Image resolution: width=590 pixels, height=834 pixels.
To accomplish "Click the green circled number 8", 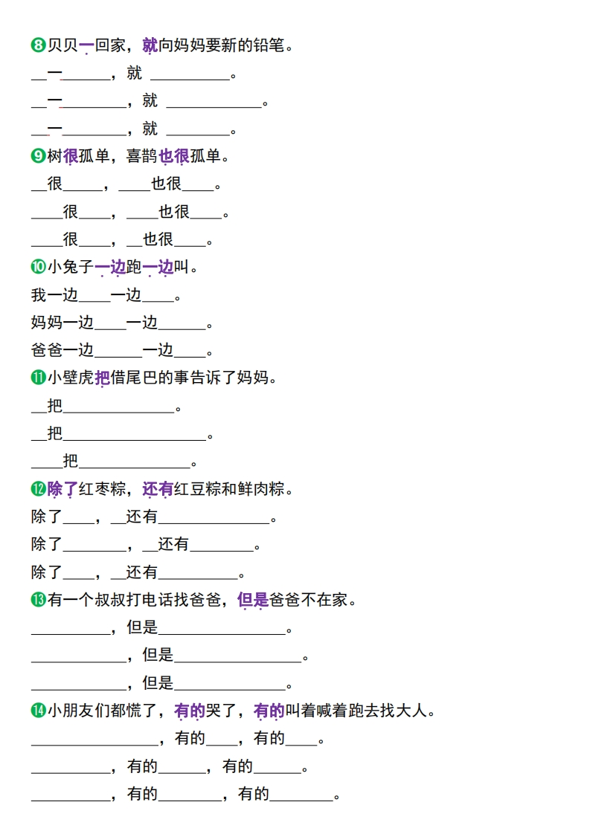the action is pyautogui.click(x=39, y=45).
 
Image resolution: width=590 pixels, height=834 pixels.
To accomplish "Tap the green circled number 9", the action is pyautogui.click(x=39, y=156).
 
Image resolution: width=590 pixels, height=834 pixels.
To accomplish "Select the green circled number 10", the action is pyautogui.click(x=39, y=266).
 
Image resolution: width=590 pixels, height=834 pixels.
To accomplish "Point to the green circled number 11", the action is pyautogui.click(x=39, y=378).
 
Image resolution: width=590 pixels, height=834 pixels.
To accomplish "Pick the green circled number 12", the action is pyautogui.click(x=39, y=488).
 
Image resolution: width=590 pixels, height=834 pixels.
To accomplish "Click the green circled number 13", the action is pyautogui.click(x=39, y=599).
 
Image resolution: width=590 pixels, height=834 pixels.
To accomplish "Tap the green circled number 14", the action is pyautogui.click(x=39, y=710).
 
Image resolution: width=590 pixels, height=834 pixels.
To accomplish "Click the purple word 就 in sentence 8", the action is pyautogui.click(x=150, y=45).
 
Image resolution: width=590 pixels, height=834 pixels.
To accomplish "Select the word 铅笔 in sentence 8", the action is pyautogui.click(x=269, y=45).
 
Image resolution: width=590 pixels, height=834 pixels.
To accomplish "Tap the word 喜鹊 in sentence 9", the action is pyautogui.click(x=142, y=156).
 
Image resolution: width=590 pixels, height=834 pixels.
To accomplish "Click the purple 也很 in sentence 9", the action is pyautogui.click(x=174, y=156).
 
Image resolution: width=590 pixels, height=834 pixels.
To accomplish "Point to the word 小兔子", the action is pyautogui.click(x=71, y=266).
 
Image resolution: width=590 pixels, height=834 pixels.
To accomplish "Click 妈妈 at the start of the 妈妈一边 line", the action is pyautogui.click(x=47, y=323).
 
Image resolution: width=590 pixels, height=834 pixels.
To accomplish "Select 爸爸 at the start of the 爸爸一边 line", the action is pyautogui.click(x=47, y=350).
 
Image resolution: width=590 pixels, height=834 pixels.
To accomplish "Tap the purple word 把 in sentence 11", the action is pyautogui.click(x=103, y=378).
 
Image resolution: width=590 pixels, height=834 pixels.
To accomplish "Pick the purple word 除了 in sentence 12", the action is pyautogui.click(x=62, y=488).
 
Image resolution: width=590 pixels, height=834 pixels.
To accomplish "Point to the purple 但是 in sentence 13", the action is pyautogui.click(x=253, y=599).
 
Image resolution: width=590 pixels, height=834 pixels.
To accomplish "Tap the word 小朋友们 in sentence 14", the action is pyautogui.click(x=79, y=710).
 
